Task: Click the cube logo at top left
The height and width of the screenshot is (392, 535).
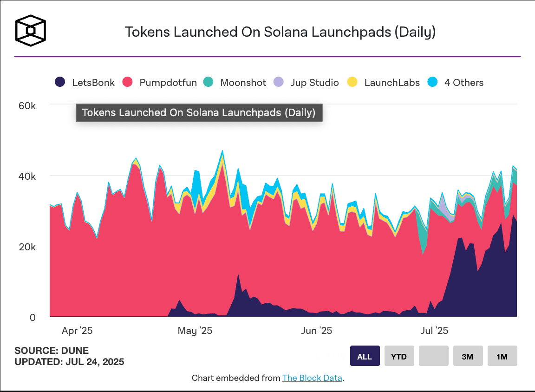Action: click(31, 31)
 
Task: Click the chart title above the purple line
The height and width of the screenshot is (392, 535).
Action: click(280, 32)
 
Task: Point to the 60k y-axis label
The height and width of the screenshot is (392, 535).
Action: click(27, 105)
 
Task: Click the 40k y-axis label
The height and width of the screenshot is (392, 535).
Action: click(27, 176)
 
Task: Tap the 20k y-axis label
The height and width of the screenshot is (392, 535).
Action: click(27, 247)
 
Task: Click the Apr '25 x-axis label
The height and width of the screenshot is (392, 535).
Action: click(77, 331)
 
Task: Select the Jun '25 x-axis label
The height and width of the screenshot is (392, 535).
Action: click(317, 331)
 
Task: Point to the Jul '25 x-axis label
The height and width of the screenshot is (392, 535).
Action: click(434, 331)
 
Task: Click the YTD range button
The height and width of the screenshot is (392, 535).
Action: click(399, 357)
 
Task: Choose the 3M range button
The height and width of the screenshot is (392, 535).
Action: click(468, 357)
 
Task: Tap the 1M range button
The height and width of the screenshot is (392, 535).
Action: click(502, 357)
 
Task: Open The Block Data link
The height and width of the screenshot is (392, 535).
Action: click(312, 378)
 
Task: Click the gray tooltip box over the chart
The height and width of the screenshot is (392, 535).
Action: click(199, 113)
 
